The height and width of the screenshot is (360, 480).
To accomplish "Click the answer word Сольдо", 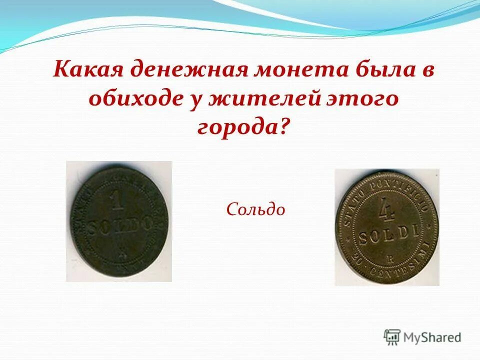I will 255,209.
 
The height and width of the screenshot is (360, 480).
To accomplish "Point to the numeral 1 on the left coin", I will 118,202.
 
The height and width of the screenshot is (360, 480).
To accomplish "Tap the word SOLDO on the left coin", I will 119,224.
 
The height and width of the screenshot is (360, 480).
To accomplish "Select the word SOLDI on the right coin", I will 387,232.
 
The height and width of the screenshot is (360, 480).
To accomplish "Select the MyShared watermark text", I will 432,337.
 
